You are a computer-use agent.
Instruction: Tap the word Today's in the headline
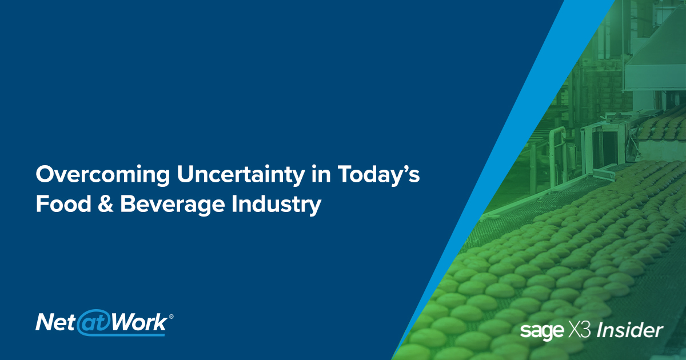(380, 176)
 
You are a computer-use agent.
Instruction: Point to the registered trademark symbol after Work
(171, 315)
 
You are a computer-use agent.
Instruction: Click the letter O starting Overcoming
(45, 176)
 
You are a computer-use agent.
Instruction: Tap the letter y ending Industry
(313, 207)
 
